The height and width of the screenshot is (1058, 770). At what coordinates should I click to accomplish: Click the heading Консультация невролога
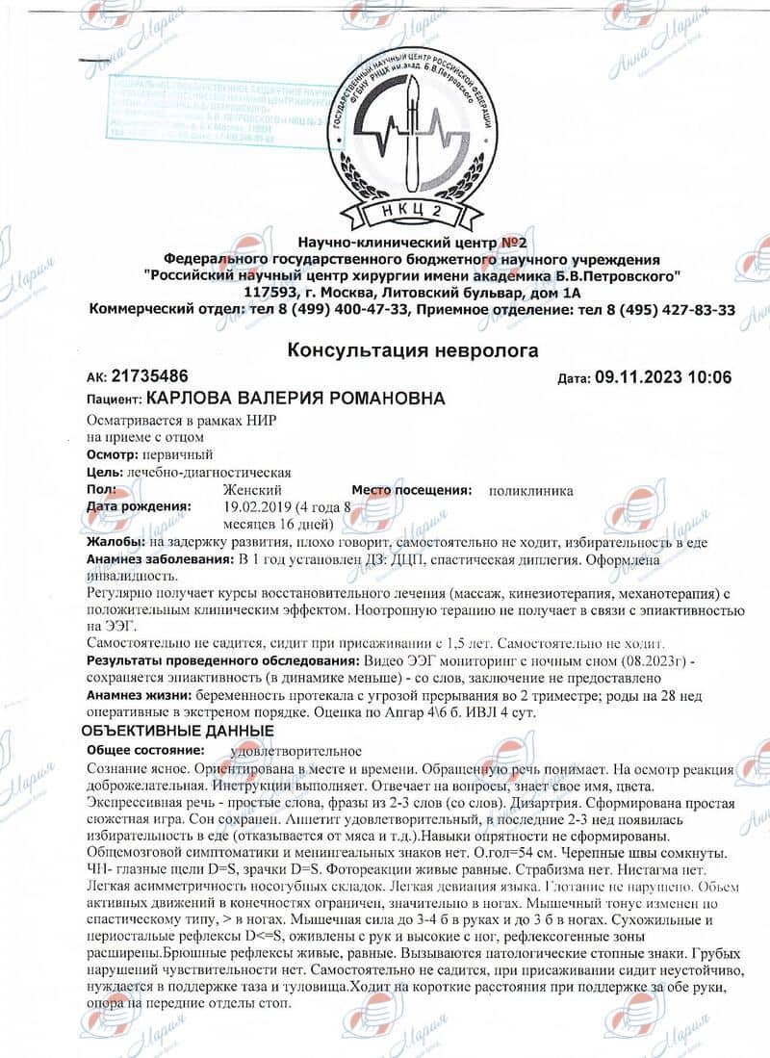tap(412, 350)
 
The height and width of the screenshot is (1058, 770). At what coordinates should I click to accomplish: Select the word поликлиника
tap(530, 490)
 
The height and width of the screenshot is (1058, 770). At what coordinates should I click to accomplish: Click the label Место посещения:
tap(412, 490)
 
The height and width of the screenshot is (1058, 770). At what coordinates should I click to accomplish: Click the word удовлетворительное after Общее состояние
tap(296, 750)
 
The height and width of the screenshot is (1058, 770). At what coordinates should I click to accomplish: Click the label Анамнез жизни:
tap(138, 694)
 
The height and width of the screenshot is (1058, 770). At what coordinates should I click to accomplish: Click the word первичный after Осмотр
tap(178, 455)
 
